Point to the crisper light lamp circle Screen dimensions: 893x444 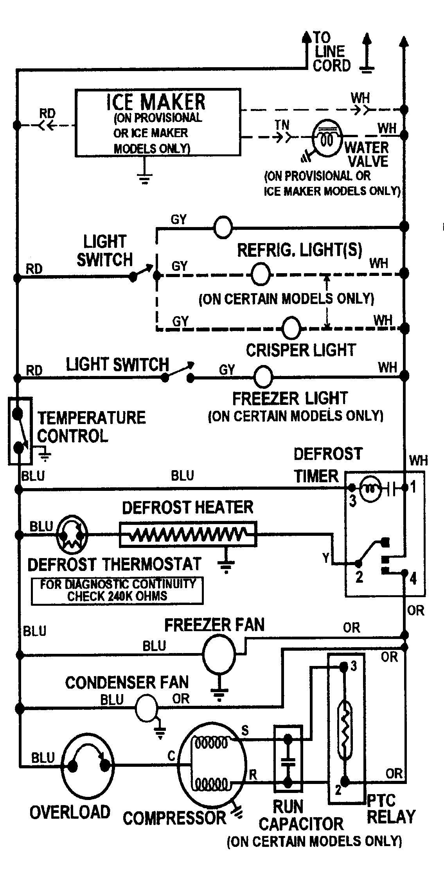point(291,327)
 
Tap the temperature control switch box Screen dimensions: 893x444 point(20,431)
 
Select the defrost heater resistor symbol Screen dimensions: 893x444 point(188,534)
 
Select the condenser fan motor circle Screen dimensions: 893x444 point(146,708)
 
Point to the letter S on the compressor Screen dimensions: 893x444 point(245,730)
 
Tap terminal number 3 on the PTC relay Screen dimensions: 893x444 point(354,666)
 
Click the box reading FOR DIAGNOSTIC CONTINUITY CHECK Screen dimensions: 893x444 point(117,591)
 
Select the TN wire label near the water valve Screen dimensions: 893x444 point(282,125)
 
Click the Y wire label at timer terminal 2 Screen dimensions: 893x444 point(326,558)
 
